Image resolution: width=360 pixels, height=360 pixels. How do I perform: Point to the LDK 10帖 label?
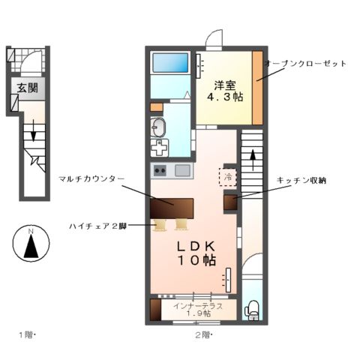pyautogui.click(x=196, y=253)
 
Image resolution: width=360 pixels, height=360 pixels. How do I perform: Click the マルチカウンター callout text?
pyautogui.click(x=91, y=178)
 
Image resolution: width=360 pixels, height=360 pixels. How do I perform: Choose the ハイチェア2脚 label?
pyautogui.click(x=94, y=224)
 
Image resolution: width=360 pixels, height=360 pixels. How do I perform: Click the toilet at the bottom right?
pyautogui.click(x=253, y=308)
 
